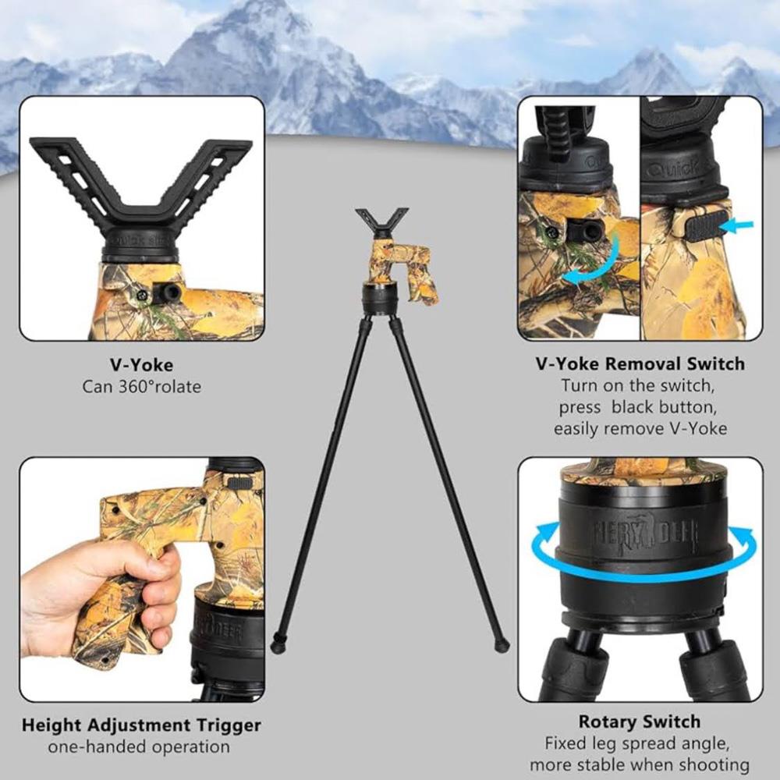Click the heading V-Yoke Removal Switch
coord(640,363)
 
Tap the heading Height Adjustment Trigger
coord(141,725)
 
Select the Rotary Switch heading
coord(640,721)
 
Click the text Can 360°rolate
coord(142,387)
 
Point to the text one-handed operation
coord(139,746)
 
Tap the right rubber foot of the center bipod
coord(502,645)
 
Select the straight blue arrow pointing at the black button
coord(738,226)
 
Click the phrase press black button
coord(638,407)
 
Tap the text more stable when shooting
coord(640,765)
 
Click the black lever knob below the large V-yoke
coord(168,292)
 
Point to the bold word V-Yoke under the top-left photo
coord(142,365)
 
